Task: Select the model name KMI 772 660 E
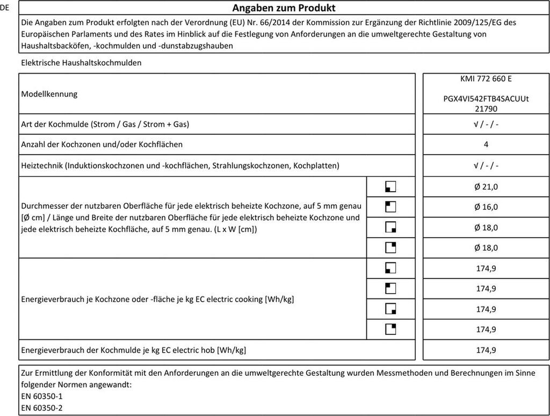click(486, 78)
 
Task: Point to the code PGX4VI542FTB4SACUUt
click(486, 99)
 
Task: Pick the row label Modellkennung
click(49, 94)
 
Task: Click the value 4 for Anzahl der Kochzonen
click(486, 144)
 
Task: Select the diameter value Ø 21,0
click(486, 186)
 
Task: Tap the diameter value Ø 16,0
click(486, 207)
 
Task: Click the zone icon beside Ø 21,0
click(390, 187)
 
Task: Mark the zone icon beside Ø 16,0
click(390, 207)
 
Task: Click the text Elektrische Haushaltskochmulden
click(81, 63)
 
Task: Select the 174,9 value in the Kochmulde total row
click(486, 350)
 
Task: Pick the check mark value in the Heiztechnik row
click(486, 165)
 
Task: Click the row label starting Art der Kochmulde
click(105, 125)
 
